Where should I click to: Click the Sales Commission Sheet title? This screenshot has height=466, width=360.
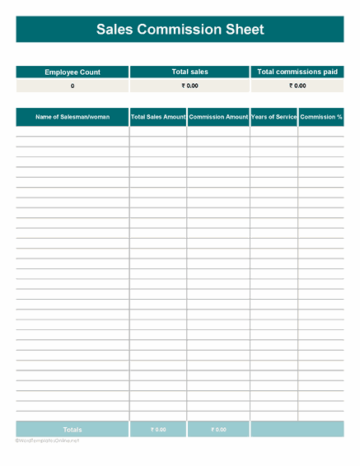(180, 30)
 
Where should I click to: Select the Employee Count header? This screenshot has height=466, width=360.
(72, 72)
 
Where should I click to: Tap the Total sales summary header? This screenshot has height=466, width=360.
(189, 72)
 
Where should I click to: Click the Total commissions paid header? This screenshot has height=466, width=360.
(297, 72)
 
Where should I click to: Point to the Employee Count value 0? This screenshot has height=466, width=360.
(72, 86)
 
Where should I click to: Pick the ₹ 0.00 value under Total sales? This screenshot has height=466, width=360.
(189, 86)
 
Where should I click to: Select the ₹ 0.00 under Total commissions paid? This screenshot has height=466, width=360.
(297, 86)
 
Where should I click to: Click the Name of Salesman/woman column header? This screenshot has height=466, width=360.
(72, 117)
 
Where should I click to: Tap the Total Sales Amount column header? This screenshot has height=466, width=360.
(158, 117)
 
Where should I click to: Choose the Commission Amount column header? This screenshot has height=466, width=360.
(218, 117)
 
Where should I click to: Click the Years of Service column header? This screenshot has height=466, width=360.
(274, 117)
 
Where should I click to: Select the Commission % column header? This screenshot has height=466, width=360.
(321, 117)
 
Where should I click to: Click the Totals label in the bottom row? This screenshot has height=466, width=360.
(72, 430)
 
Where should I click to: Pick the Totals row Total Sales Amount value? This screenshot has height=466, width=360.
(158, 430)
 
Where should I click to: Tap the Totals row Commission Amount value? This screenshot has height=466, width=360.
(218, 430)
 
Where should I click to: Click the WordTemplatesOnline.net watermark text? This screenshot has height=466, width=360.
(47, 441)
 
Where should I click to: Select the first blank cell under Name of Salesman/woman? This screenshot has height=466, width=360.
(72, 132)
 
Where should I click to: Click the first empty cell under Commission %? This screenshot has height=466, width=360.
(321, 132)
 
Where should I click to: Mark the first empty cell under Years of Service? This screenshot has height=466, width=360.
(274, 132)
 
